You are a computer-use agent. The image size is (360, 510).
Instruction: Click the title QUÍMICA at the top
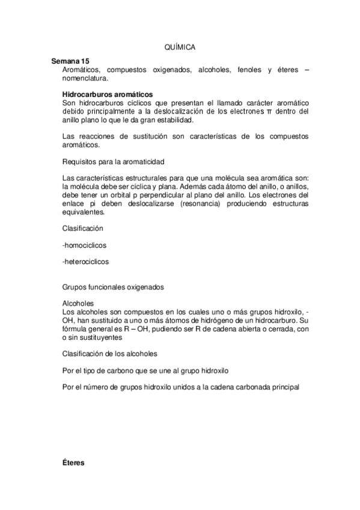180,46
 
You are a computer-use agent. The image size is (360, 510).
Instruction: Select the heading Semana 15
70,62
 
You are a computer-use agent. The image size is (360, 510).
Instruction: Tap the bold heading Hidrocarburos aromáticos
107,94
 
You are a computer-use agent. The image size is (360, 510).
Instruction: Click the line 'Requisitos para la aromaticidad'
113,162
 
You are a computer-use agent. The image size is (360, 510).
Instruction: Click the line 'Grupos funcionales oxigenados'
112,287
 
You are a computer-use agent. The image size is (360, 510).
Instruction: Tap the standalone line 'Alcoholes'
78,304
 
